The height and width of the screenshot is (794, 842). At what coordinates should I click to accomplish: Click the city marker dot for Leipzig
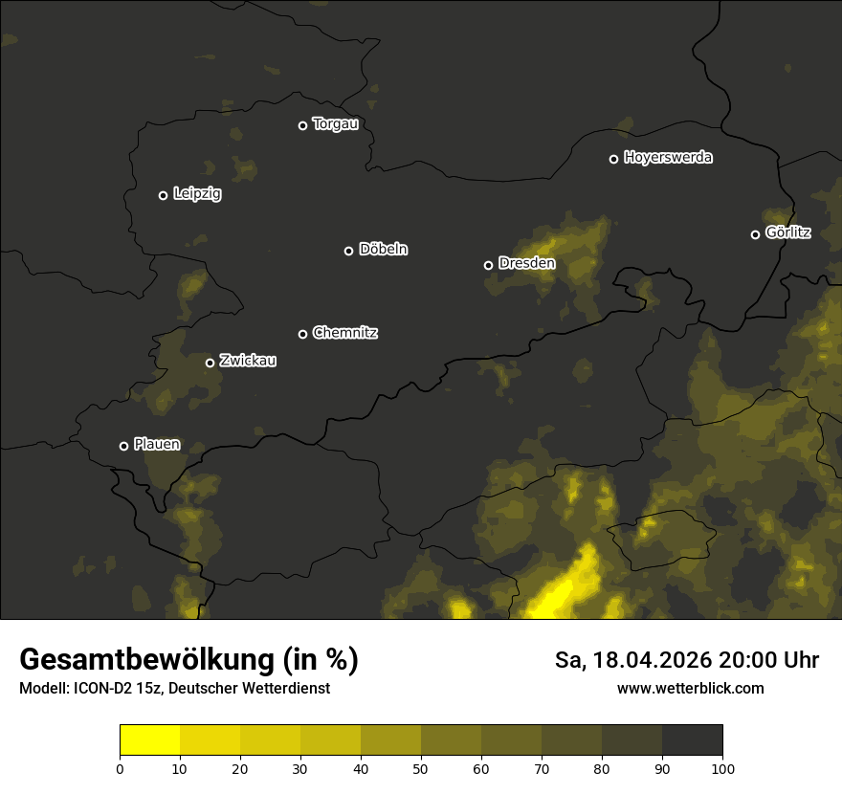click(163, 195)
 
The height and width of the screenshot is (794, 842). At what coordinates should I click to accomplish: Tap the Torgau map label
click(335, 124)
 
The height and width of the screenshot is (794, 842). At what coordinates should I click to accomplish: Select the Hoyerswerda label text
click(668, 158)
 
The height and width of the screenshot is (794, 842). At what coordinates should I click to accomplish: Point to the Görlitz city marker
click(755, 234)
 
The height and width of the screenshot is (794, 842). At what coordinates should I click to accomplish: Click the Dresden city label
click(526, 263)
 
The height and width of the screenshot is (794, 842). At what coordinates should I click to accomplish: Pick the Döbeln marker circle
click(348, 251)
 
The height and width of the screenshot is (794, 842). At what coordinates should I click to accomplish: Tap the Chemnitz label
click(344, 333)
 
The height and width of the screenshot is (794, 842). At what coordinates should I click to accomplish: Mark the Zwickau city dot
click(210, 363)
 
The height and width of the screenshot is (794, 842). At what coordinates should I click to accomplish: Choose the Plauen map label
click(156, 444)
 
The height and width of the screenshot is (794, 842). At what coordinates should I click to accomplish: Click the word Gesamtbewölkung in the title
click(146, 660)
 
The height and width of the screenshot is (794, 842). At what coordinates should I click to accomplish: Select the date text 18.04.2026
click(652, 660)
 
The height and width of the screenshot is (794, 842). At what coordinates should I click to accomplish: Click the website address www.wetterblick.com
click(690, 688)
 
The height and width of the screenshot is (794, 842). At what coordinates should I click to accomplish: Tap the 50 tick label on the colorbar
click(421, 768)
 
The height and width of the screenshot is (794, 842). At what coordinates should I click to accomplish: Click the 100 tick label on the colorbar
click(722, 768)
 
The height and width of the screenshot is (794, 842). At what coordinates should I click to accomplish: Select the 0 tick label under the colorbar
click(120, 768)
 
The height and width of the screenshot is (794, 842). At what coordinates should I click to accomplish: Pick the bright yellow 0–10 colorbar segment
click(150, 740)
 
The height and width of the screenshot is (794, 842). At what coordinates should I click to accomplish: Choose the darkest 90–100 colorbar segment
click(692, 740)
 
